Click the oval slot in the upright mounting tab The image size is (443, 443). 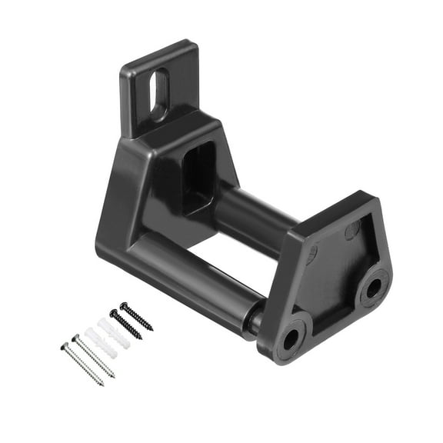(160, 95)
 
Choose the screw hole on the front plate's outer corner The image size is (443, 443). (372, 288)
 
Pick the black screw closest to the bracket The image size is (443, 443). (136, 316)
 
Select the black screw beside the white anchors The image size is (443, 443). (125, 324)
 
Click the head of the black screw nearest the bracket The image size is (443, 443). (122, 305)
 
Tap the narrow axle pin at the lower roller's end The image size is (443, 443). (254, 318)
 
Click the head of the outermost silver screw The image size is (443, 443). (64, 346)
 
